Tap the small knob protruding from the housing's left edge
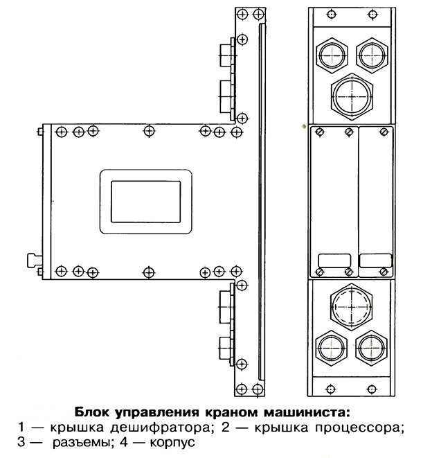[32, 260]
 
